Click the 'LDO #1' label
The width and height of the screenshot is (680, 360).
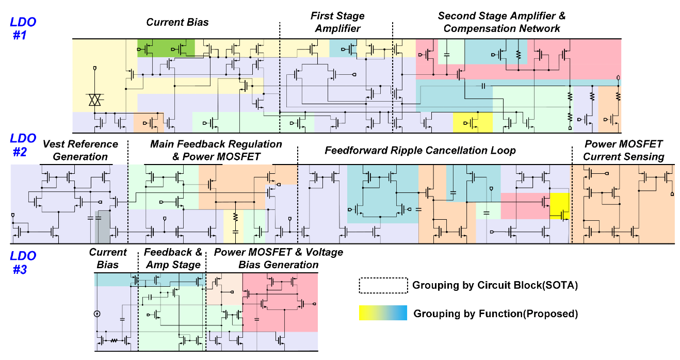coord(24,28)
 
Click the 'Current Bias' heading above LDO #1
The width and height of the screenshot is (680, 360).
coord(177,22)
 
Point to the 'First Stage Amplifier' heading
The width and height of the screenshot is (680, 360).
coord(337,22)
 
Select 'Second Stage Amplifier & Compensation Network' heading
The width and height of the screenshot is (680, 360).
coord(501,22)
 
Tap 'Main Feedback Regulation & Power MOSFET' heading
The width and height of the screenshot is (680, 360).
coord(216,150)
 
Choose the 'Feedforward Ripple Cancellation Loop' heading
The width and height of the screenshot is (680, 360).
coord(420,150)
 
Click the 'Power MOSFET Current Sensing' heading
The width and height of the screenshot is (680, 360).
coord(623,150)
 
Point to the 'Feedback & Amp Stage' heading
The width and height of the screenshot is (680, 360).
coord(172,258)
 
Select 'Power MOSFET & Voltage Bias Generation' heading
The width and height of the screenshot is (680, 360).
coord(278,258)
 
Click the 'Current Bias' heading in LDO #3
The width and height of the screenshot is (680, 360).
coord(107,258)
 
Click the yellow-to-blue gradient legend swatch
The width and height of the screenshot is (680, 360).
coord(383,313)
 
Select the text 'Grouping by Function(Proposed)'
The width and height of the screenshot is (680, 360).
coord(495,314)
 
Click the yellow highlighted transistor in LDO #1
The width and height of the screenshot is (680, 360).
coord(473,123)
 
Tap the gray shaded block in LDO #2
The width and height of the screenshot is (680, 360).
coord(102,227)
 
